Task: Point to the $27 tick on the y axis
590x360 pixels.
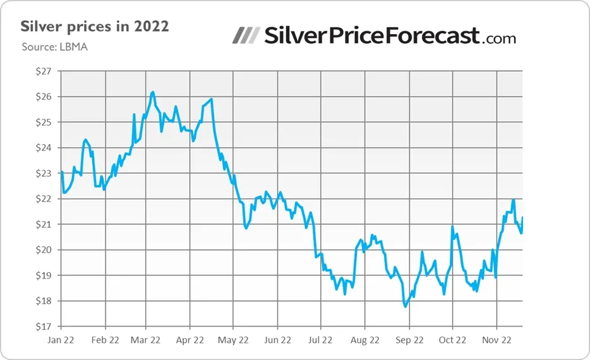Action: [x=43, y=71]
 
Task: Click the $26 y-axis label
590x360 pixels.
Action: [x=43, y=97]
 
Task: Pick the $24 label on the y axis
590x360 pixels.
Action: [x=43, y=148]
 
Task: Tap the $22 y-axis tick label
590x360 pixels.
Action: [x=43, y=199]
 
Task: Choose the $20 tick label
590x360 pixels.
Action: [x=43, y=249]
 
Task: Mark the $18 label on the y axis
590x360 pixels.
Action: [x=43, y=301]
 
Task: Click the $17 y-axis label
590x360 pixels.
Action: [x=43, y=327]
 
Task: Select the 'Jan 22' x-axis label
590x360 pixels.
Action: [x=61, y=340]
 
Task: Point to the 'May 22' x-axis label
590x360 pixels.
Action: [x=233, y=340]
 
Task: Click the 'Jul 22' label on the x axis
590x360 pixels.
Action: [x=320, y=340]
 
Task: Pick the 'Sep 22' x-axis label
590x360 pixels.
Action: [x=409, y=340]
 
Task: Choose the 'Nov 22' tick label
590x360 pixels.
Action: [x=497, y=340]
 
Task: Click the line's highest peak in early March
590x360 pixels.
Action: [x=152, y=92]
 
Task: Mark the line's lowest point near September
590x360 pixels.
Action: [x=405, y=306]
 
